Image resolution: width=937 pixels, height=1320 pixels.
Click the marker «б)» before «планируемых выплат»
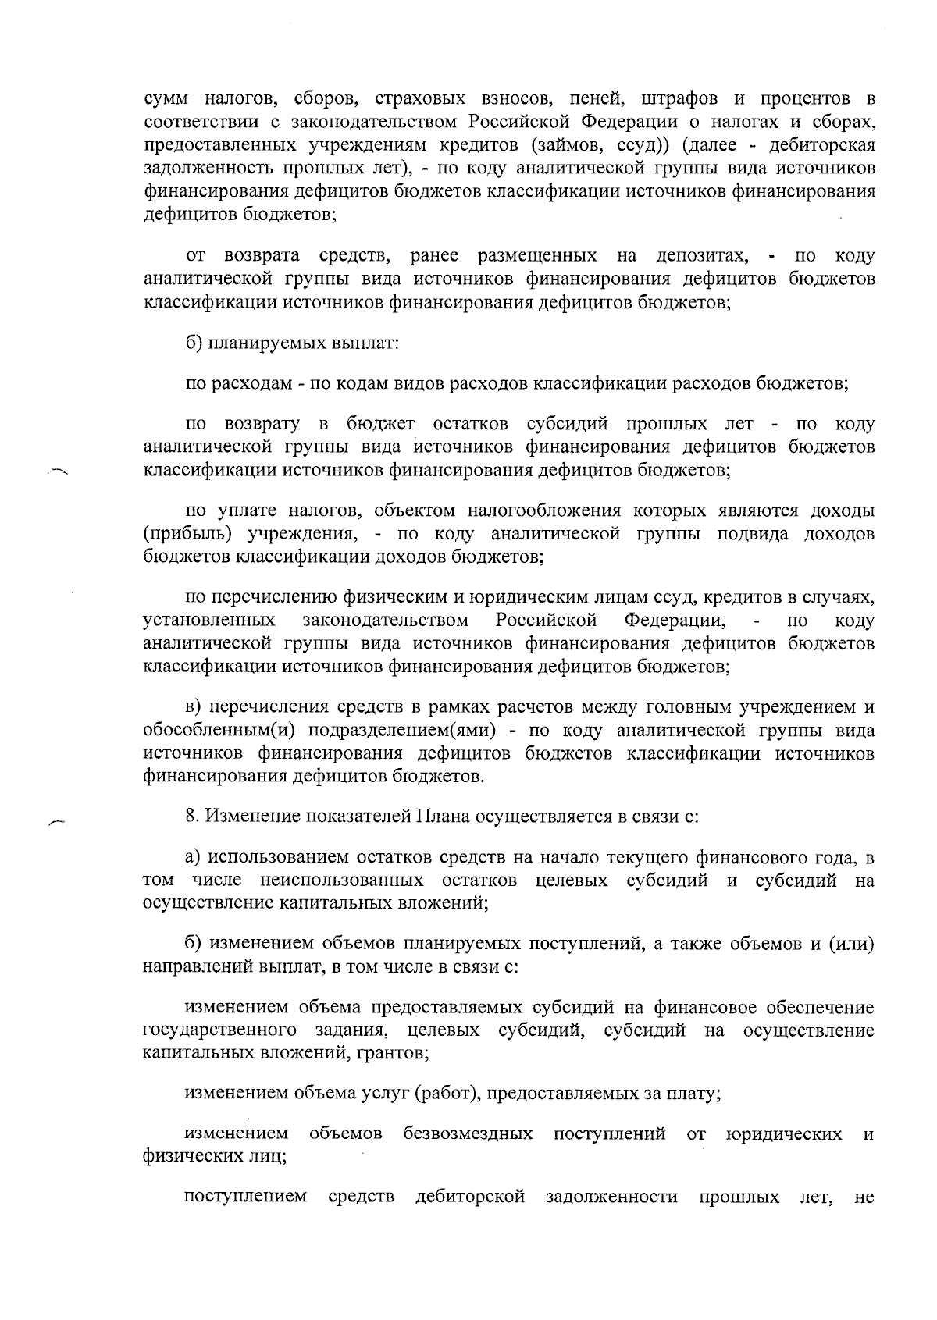[x=195, y=343]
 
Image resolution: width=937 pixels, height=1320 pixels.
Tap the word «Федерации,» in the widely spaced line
[x=676, y=620]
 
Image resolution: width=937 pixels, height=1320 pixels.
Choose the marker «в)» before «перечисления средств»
[x=194, y=707]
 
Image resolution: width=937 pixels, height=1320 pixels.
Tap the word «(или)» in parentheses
[x=850, y=944]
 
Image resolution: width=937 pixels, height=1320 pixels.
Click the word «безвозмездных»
[x=468, y=1133]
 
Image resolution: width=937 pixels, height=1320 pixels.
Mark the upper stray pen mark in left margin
[x=58, y=471]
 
